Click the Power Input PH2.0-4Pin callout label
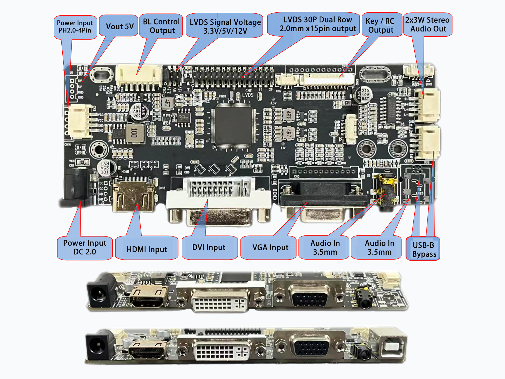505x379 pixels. [x=75, y=27]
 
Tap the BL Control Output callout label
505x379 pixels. [x=161, y=26]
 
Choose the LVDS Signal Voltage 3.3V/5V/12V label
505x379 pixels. [x=225, y=26]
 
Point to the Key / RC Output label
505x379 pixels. [x=381, y=26]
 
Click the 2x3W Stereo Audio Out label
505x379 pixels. [x=427, y=25]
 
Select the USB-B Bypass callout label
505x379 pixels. [x=423, y=249]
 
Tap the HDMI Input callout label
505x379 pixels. [x=147, y=249]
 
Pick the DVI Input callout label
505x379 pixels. [x=209, y=247]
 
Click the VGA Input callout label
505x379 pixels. [x=270, y=247]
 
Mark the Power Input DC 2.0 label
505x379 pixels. [x=85, y=247]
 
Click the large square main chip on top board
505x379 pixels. [x=233, y=125]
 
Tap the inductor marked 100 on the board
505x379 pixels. [x=135, y=133]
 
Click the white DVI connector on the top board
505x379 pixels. [x=219, y=200]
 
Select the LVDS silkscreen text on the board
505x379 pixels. [x=248, y=95]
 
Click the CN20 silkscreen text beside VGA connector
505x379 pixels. [x=275, y=194]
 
